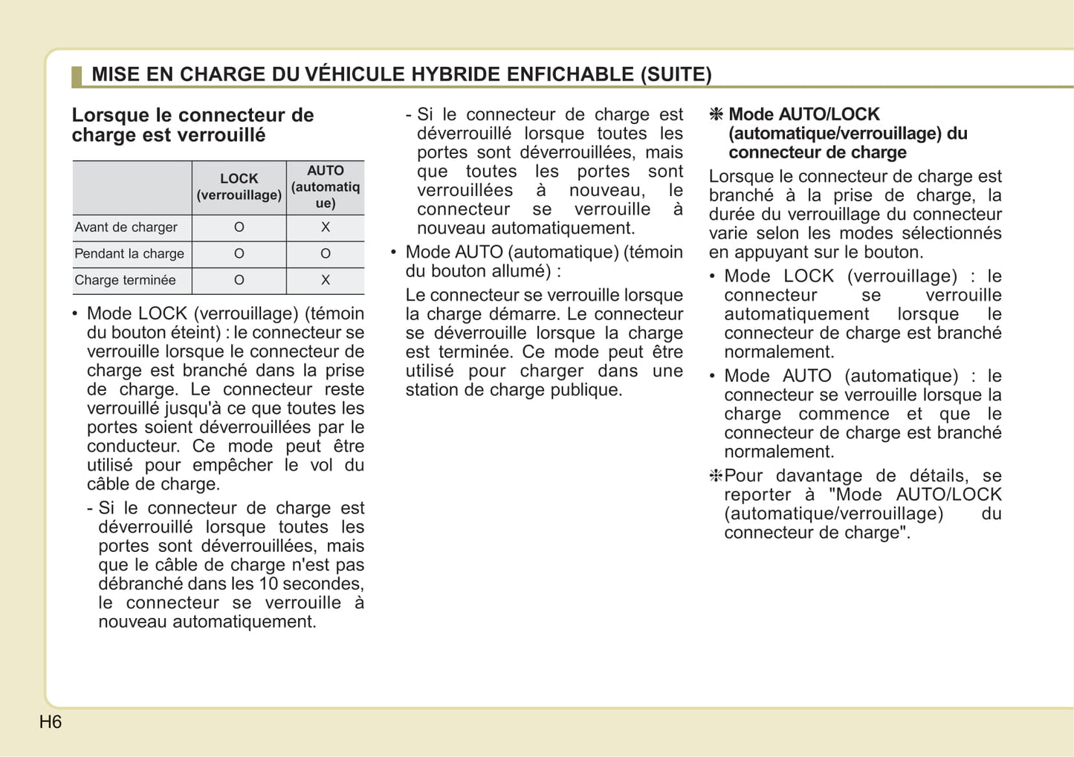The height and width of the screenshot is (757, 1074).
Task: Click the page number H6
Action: [51, 722]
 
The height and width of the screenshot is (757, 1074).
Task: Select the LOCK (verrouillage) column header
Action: [239, 187]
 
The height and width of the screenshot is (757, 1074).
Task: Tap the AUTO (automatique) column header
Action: [326, 187]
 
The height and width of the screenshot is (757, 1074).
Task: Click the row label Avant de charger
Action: [126, 227]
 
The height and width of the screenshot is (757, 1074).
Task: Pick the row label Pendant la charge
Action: [129, 254]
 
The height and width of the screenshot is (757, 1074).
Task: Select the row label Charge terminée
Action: [126, 280]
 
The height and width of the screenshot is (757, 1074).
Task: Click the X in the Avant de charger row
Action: [326, 227]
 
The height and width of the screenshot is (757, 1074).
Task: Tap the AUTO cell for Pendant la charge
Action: [326, 254]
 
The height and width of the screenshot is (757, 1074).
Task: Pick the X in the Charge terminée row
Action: [326, 280]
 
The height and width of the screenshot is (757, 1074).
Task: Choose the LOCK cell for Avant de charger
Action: [239, 227]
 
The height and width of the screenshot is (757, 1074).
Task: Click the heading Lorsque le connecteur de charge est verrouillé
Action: [193, 125]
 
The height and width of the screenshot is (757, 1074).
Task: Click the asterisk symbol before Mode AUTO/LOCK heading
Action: [716, 114]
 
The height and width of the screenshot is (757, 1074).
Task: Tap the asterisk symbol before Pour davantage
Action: [716, 476]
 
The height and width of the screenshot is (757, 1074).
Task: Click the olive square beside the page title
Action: [77, 76]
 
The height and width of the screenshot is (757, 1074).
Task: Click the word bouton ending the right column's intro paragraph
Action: [892, 253]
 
